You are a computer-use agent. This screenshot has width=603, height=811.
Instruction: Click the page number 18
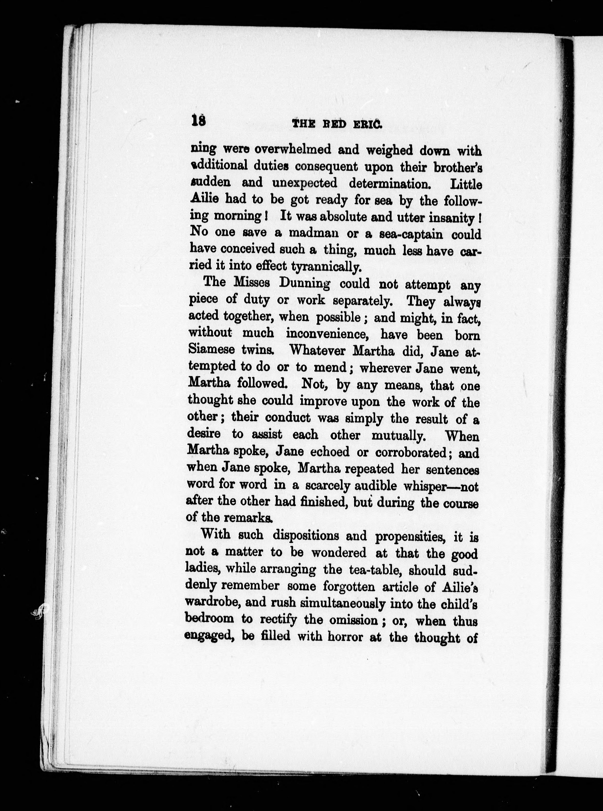coord(198,120)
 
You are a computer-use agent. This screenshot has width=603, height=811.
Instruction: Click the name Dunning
coord(304,283)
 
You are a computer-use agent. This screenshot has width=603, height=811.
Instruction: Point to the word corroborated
coord(411,453)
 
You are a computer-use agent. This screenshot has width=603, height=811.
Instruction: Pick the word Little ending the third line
coord(466,185)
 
